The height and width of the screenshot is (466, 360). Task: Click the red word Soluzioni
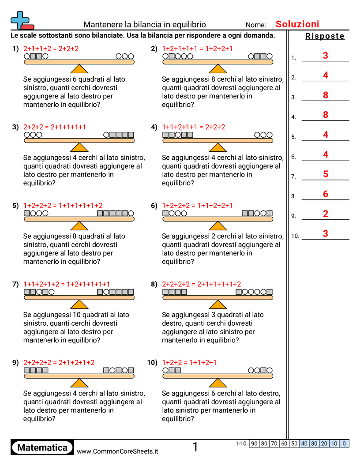pyautogui.click(x=297, y=24)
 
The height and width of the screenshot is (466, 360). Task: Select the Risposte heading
pyautogui.click(x=325, y=36)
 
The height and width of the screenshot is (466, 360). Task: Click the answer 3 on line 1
pyautogui.click(x=326, y=56)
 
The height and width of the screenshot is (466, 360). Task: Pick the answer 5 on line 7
pyautogui.click(x=326, y=174)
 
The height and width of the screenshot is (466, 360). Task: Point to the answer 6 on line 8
pyautogui.click(x=326, y=194)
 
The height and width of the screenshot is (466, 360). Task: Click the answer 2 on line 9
pyautogui.click(x=326, y=214)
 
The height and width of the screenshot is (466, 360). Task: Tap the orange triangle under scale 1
pyautogui.click(x=79, y=69)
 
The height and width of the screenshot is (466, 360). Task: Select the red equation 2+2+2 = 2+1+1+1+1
pyautogui.click(x=55, y=127)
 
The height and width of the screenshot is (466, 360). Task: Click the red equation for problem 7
pyautogui.click(x=67, y=284)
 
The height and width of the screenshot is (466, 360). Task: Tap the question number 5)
pyautogui.click(x=16, y=206)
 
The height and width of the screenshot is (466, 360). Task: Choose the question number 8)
pyautogui.click(x=154, y=284)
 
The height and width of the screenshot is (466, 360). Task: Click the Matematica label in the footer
pyautogui.click(x=42, y=448)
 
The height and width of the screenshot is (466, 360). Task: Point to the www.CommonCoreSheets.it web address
pyautogui.click(x=117, y=451)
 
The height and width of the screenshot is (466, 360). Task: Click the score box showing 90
pyautogui.click(x=254, y=443)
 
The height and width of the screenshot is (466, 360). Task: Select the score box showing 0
pyautogui.click(x=344, y=443)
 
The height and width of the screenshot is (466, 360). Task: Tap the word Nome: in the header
pyautogui.click(x=256, y=25)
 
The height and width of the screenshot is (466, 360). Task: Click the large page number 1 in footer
pyautogui.click(x=195, y=447)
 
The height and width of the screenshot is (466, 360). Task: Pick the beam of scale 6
pyautogui.click(x=218, y=219)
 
